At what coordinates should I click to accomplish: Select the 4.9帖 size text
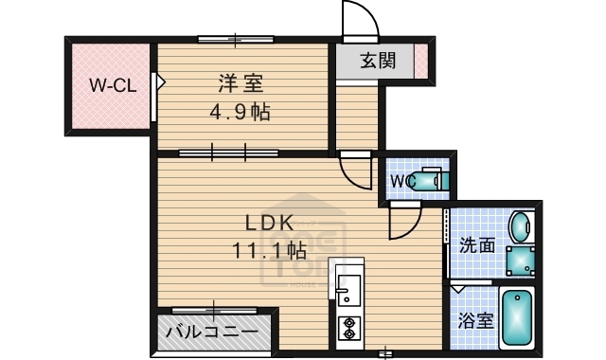pyautogui.click(x=240, y=113)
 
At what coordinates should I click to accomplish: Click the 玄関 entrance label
pyautogui.click(x=378, y=63)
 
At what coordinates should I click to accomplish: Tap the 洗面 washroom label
pyautogui.click(x=477, y=244)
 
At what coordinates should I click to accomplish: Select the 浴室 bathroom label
pyautogui.click(x=475, y=320)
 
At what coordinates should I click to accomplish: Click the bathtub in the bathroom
pyautogui.click(x=517, y=319)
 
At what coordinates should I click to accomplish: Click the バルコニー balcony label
pyautogui.click(x=210, y=333)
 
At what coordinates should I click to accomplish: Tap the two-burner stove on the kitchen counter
pyautogui.click(x=348, y=327)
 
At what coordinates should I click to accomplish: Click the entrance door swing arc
pyautogui.click(x=359, y=21)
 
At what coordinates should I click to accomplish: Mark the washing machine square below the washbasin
pyautogui.click(x=519, y=260)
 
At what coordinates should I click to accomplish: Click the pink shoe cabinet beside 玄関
pyautogui.click(x=420, y=62)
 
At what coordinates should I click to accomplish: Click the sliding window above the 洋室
pyautogui.click(x=236, y=38)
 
